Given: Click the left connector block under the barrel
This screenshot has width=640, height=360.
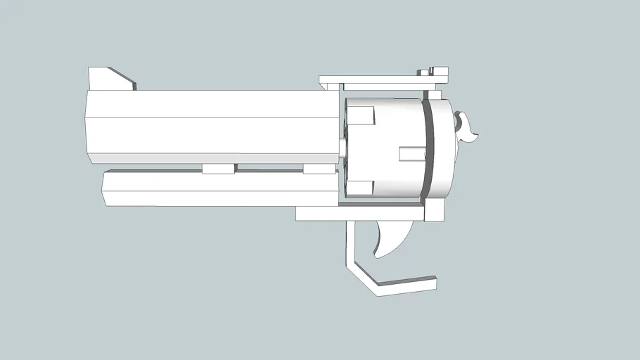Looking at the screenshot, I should tap(218, 169).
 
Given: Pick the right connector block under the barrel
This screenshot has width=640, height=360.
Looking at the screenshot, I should tap(318, 169).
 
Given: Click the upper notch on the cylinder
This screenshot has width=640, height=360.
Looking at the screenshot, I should tap(362, 115).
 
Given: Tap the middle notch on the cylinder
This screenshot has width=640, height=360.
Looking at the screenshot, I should tap(411, 153).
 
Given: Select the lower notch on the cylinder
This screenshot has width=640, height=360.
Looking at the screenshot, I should tap(361, 188).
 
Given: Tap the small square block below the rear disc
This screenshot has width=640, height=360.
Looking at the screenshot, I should tap(436, 209).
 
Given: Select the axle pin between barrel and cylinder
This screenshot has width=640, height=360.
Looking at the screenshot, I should tap(341, 149).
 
